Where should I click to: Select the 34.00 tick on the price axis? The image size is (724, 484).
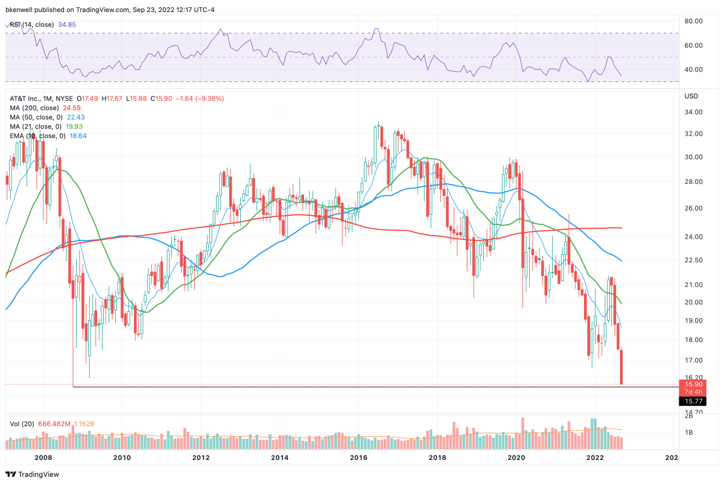691,112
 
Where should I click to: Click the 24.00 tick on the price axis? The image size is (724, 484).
691,237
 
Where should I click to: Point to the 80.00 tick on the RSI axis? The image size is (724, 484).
691,20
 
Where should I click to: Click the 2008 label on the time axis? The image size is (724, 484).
43,458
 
